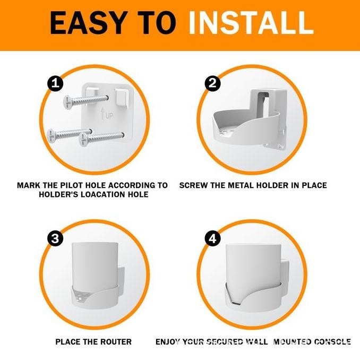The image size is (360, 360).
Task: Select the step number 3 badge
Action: point(55,239)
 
